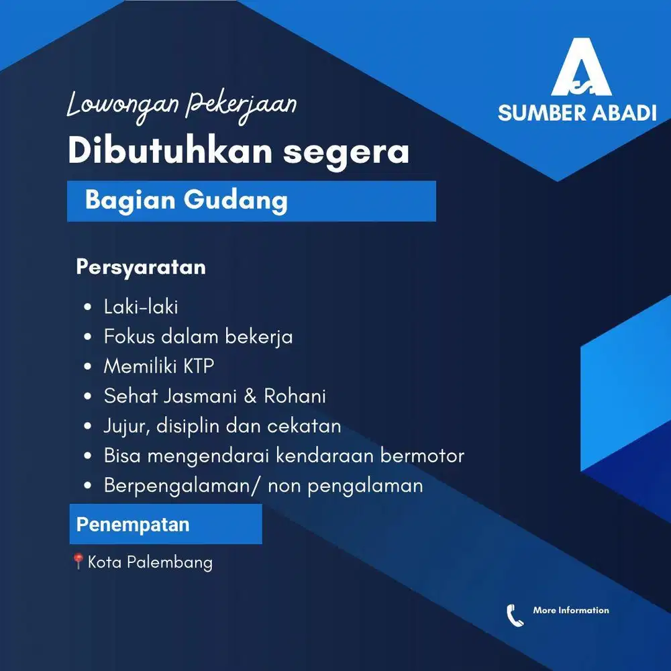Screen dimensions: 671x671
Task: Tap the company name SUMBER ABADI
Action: pos(577,113)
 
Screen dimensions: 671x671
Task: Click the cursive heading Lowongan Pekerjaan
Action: pos(182,107)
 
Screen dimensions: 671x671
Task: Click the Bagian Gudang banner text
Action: pos(186,200)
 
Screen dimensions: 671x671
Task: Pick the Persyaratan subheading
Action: pos(141,267)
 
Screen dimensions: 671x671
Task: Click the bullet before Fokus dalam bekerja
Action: pos(88,337)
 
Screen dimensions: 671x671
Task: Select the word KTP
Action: pos(199,366)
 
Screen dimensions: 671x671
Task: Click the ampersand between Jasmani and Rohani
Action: pos(250,396)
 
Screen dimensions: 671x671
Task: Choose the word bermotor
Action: pos(422,456)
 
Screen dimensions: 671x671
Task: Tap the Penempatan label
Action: pos(133,524)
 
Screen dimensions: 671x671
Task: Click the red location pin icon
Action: pos(78,560)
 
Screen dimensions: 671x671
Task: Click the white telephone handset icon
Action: pos(515,615)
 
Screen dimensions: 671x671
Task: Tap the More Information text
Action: pos(571,610)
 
